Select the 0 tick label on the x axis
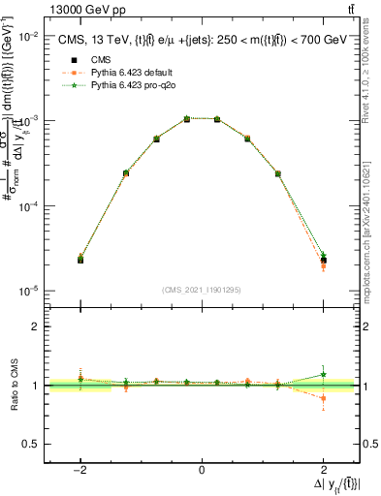coord(202,470)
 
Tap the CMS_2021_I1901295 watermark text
coord(202,290)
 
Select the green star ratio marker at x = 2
coord(323,374)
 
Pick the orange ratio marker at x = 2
coord(323,398)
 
